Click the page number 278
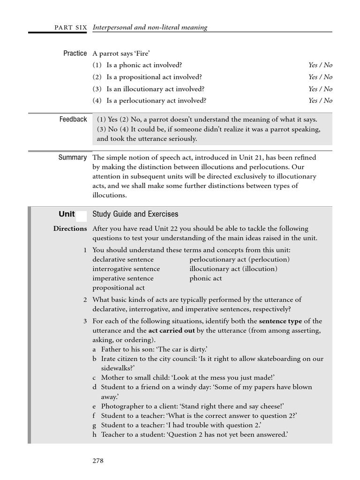(97, 460)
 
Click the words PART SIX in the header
(70, 28)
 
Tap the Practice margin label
(75, 53)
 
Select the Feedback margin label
(73, 120)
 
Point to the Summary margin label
(73, 157)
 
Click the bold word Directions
(70, 229)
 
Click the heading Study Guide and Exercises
(135, 214)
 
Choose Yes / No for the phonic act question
(320, 65)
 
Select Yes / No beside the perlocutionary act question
(320, 100)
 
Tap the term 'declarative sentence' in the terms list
(123, 259)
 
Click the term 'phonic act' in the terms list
(206, 278)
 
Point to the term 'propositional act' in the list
(119, 288)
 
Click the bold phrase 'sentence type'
(280, 321)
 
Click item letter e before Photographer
(94, 406)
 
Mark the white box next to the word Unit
(81, 216)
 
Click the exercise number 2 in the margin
(85, 300)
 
